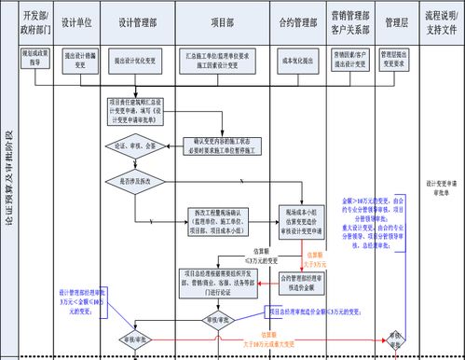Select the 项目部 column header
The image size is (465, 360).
pyautogui.click(x=222, y=20)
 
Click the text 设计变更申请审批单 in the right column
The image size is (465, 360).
pyautogui.click(x=439, y=189)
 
